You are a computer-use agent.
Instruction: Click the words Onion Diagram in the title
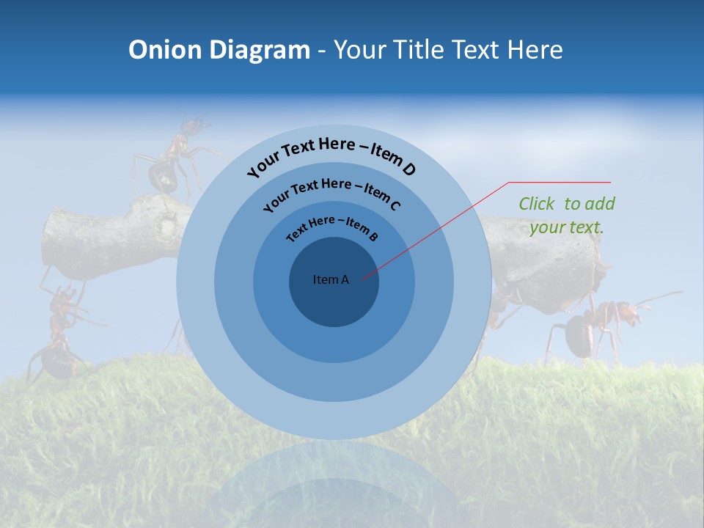coord(219,50)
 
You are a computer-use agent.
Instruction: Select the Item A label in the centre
coord(331,279)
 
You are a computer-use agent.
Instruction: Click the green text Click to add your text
coord(566,215)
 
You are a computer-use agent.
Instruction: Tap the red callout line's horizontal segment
coord(560,182)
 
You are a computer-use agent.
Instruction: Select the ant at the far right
coord(594,326)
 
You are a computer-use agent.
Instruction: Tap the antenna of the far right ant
coord(660,298)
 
